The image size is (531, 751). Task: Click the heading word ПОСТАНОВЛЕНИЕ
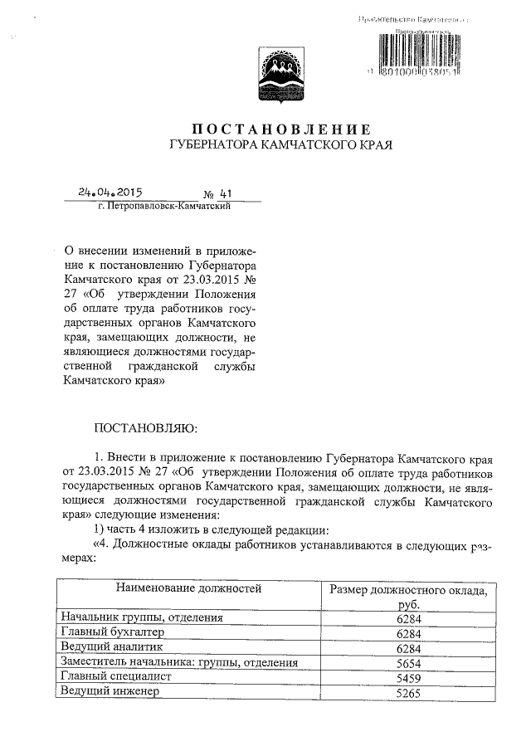[280, 129]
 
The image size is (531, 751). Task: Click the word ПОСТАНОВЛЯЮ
[146, 428]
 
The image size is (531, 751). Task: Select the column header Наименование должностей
[188, 589]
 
